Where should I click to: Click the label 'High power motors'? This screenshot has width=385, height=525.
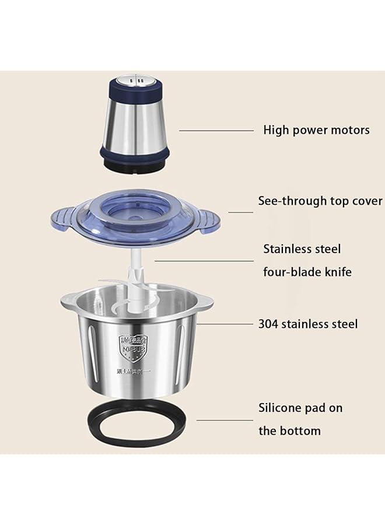[x=316, y=129]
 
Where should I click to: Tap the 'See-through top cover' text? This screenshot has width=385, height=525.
[x=320, y=201]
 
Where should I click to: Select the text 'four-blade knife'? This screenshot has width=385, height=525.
[x=307, y=272]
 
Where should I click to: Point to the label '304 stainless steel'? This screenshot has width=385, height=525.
[x=308, y=324]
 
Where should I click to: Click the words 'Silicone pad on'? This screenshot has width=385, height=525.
[x=300, y=408]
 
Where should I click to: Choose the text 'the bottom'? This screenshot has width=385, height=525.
[x=290, y=431]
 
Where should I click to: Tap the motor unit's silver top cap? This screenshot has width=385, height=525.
[x=135, y=80]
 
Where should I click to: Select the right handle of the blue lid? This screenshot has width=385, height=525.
[x=206, y=220]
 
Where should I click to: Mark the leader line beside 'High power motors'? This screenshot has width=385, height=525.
[x=216, y=131]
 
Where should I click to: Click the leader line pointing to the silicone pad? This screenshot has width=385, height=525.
[x=224, y=419]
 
